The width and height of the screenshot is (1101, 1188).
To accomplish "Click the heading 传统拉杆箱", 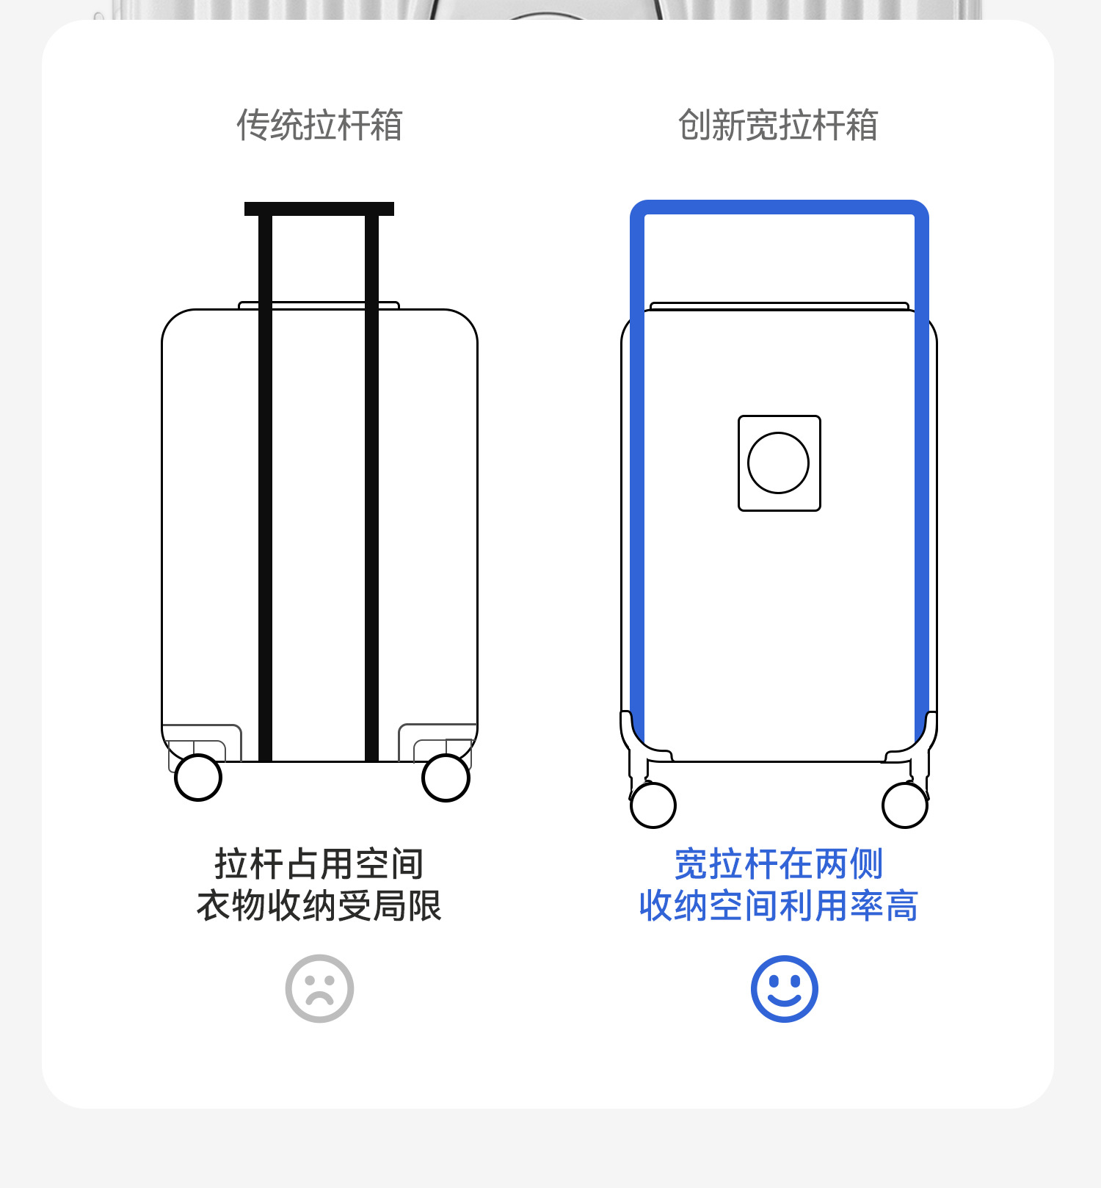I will (319, 125).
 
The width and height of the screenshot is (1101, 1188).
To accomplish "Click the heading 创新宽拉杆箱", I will (778, 125).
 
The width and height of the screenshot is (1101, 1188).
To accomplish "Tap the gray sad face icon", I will (319, 988).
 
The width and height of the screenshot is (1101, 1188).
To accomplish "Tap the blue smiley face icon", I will (784, 988).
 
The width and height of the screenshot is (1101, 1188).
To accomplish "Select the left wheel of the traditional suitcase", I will (198, 778).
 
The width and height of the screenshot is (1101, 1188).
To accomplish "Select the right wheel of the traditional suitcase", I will (446, 778).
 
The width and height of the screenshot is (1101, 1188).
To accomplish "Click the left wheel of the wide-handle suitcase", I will (653, 805).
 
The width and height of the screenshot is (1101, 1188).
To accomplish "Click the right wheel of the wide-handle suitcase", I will (904, 805).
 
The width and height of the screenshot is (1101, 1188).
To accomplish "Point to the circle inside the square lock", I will (778, 463).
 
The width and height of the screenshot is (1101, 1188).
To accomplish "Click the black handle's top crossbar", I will (319, 209).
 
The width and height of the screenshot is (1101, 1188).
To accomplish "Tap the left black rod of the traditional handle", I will (266, 485).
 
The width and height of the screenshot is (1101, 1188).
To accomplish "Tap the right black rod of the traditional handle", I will (372, 485).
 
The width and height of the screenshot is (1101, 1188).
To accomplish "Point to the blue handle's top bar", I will (780, 207).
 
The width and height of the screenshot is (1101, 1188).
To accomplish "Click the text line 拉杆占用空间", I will (319, 863).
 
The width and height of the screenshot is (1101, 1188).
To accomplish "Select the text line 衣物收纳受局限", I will (319, 905).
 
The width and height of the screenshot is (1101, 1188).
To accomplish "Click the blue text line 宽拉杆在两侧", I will (778, 863).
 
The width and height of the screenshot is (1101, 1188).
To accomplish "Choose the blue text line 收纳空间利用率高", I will (778, 905).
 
